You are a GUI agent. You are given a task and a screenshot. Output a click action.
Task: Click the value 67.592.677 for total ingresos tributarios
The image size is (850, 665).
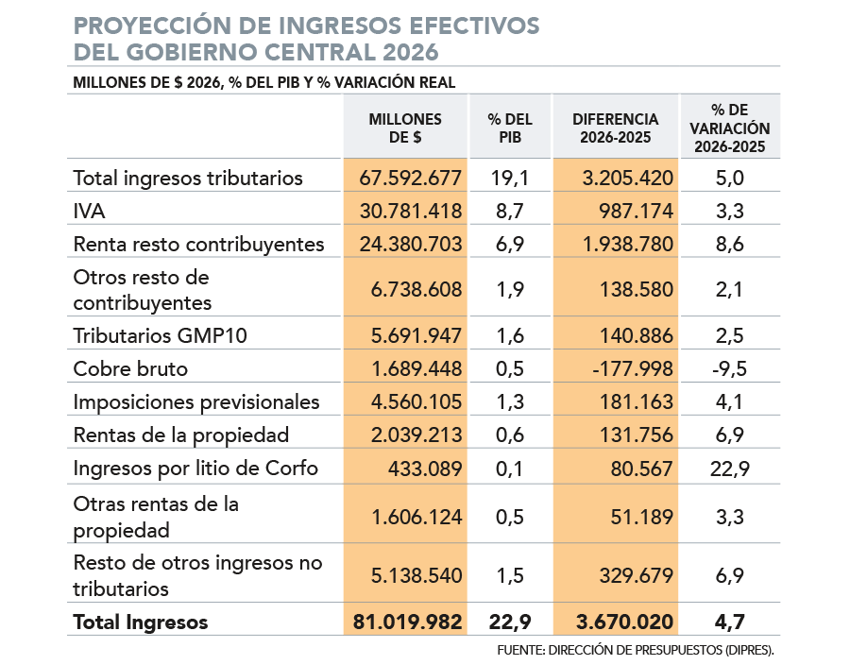(x=411, y=178)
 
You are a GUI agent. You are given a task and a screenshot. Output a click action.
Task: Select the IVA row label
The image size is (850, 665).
(x=89, y=211)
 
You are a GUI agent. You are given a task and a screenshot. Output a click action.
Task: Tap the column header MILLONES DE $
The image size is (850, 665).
(x=405, y=128)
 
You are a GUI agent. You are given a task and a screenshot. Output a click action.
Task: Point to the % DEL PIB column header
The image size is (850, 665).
(x=510, y=128)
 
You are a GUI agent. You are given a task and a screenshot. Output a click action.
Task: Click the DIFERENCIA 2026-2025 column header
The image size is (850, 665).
(x=616, y=128)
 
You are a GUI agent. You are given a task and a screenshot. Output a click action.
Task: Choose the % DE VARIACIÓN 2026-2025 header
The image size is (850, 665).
(x=730, y=128)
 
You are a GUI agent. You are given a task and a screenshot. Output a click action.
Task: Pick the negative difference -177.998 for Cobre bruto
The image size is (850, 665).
(x=631, y=368)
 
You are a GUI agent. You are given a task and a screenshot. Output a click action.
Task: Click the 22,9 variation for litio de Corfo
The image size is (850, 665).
(x=729, y=469)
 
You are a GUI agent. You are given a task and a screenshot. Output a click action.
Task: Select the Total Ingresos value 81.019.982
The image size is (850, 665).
(x=407, y=622)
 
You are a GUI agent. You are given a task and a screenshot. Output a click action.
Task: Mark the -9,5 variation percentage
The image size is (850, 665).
(x=729, y=368)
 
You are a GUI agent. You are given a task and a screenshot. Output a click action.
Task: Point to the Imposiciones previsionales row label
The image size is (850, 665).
(x=196, y=401)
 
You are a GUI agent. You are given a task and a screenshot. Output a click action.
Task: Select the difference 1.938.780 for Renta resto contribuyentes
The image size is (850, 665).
(x=622, y=244)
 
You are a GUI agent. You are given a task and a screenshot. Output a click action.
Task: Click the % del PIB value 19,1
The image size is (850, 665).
(x=510, y=178)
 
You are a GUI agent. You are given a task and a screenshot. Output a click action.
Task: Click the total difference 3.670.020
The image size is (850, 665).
(x=623, y=622)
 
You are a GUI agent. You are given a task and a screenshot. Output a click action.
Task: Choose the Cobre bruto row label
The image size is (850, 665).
(x=130, y=368)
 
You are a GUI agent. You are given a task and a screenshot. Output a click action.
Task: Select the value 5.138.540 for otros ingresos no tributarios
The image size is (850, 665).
(x=411, y=574)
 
